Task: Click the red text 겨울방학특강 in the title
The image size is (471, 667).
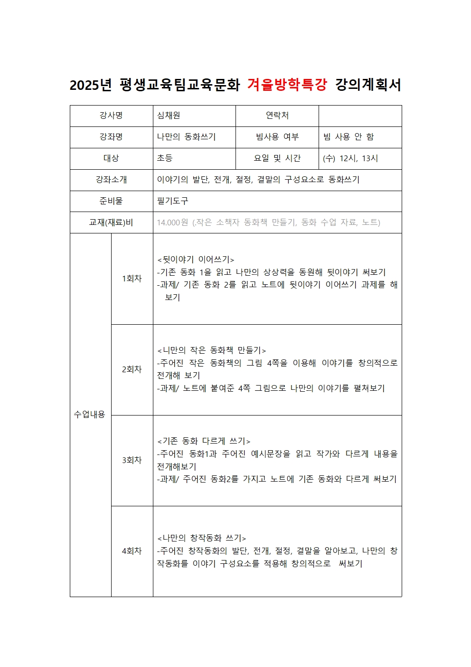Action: coord(287,85)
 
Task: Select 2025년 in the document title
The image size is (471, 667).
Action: coord(90,85)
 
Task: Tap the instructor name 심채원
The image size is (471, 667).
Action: coord(169,116)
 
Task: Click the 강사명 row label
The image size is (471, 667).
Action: coord(111,116)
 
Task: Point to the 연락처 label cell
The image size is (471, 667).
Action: coord(277,116)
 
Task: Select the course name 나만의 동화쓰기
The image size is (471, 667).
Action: coord(186,137)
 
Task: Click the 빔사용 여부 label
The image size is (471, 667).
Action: coord(277,137)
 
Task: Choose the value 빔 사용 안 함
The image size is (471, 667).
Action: coord(349,137)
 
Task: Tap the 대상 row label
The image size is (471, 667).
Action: coord(111,158)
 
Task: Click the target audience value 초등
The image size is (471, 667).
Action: coord(165,158)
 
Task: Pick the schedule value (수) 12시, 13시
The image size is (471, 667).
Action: coord(350,158)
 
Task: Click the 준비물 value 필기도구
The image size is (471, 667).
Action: coord(172,201)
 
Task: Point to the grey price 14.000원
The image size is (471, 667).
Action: coord(172,222)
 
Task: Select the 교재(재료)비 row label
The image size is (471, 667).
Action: coord(111,222)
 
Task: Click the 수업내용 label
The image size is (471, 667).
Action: coord(90,415)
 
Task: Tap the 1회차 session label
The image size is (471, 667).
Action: coord(132,279)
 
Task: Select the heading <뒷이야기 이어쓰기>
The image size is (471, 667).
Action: coord(196,260)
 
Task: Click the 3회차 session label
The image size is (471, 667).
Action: coord(132,460)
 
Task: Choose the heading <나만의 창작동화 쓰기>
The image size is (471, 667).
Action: coord(202,538)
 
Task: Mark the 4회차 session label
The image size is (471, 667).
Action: coord(132,551)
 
